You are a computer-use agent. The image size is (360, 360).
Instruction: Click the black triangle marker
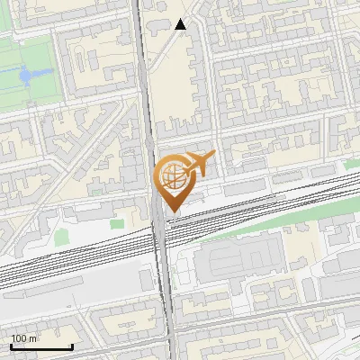[x=181, y=24]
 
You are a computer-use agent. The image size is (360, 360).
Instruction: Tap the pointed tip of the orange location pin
[x=171, y=212]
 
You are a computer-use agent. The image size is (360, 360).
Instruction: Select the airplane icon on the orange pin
[x=198, y=163]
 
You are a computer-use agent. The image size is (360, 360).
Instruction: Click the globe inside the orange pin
[x=171, y=175]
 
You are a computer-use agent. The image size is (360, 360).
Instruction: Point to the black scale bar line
[x=40, y=347]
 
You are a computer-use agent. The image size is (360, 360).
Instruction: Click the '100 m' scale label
[x=24, y=338]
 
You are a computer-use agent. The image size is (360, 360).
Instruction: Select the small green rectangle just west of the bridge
[x=116, y=222]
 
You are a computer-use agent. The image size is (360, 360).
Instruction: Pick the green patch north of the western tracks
[x=60, y=237]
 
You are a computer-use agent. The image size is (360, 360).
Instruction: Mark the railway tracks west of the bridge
[x=72, y=256]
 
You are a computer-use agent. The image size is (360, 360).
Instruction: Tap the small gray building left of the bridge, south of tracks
[x=147, y=280]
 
